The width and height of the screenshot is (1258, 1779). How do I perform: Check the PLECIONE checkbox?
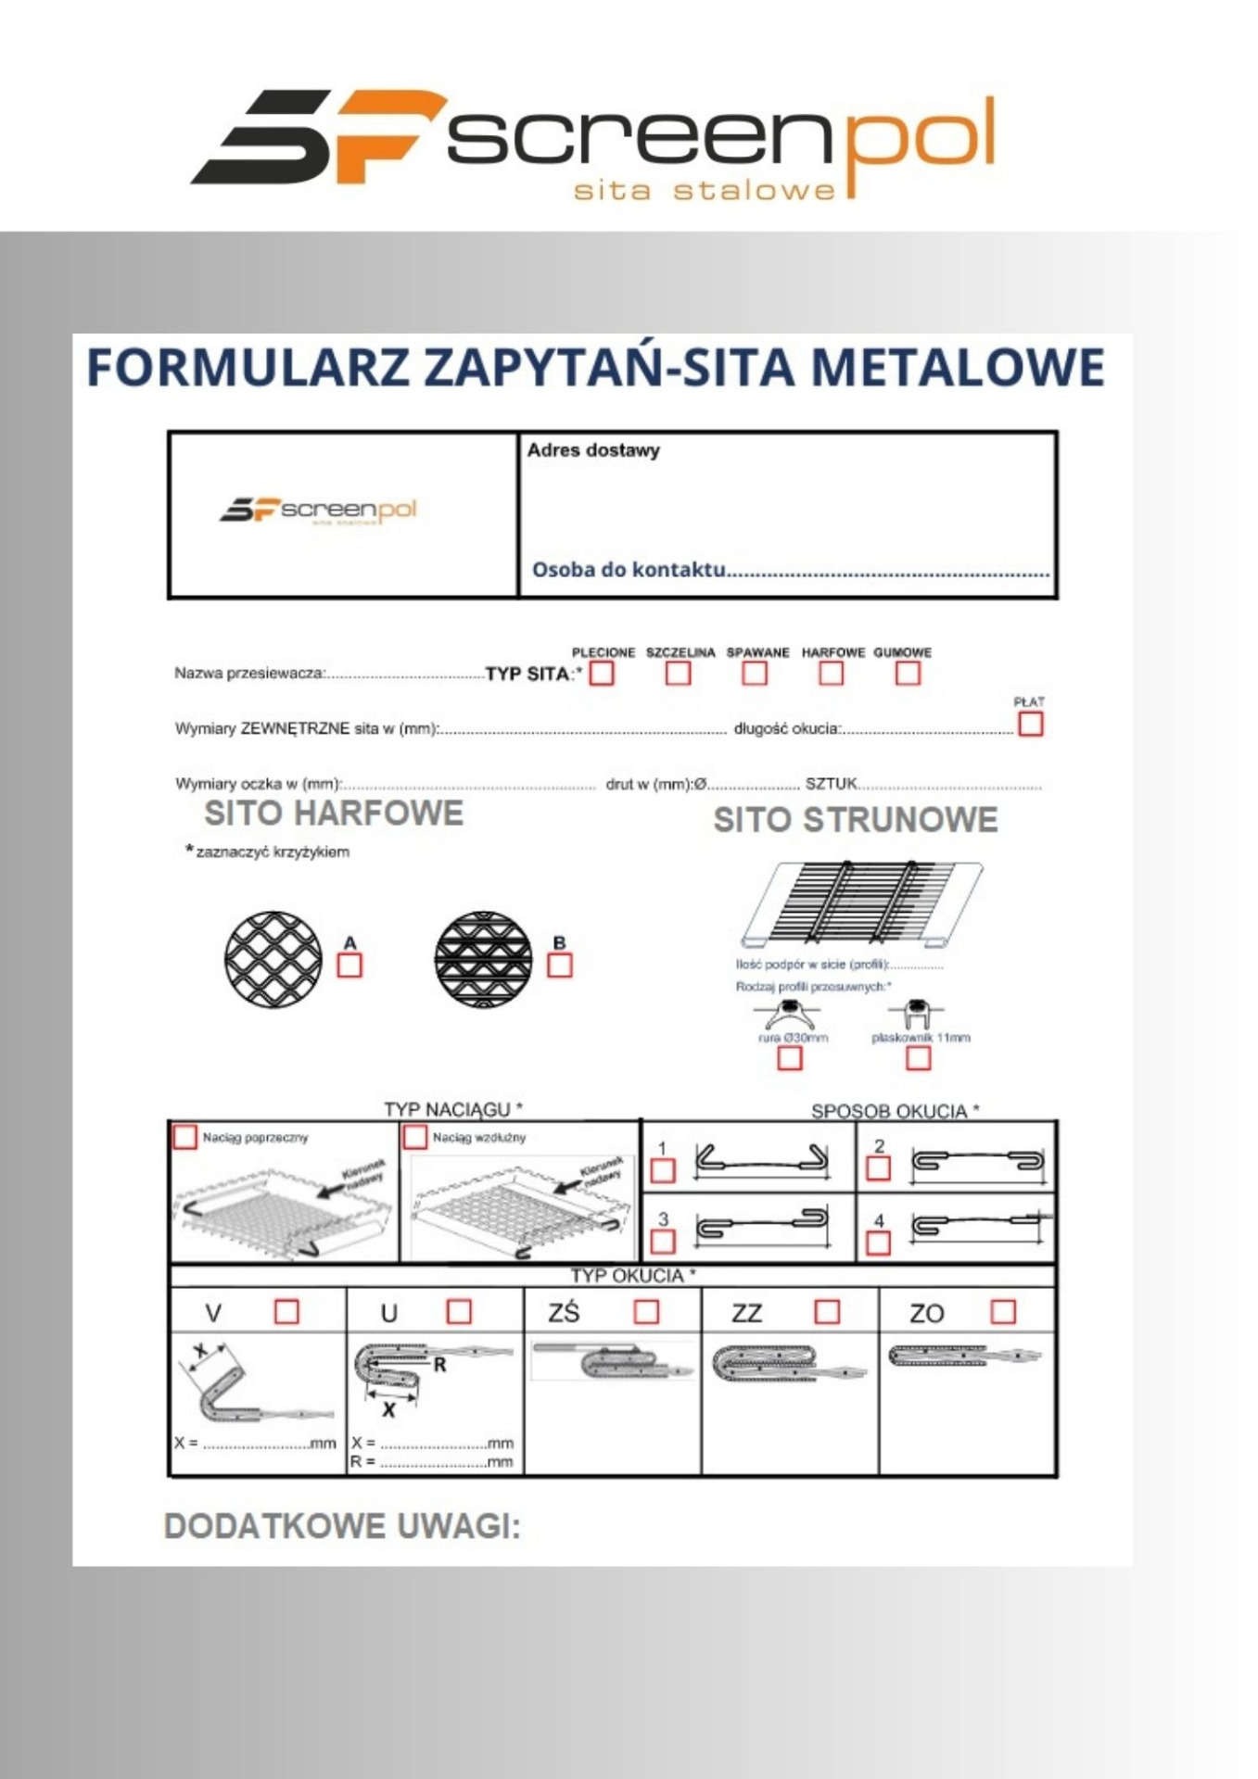coord(602,674)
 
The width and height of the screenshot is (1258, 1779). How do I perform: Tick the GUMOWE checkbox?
coord(908,674)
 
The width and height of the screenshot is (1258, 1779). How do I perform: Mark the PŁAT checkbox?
coord(1030,724)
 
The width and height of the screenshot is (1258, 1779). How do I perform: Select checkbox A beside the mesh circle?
coord(349,965)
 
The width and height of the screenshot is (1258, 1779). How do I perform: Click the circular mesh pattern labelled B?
coord(483,959)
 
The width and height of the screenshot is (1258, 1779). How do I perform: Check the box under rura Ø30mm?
coord(789,1058)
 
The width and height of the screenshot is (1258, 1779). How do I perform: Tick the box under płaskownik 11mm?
coord(918,1058)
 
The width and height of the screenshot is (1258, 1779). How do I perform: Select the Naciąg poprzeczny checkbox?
coord(185,1137)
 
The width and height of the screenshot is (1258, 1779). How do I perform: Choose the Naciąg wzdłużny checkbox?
coord(415,1137)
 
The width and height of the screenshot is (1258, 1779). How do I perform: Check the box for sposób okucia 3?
coord(663,1241)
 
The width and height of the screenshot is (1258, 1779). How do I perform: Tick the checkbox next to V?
coord(286,1311)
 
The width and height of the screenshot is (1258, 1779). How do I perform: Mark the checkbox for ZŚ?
coord(646,1311)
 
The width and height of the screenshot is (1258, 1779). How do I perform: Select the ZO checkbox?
coord(1003,1311)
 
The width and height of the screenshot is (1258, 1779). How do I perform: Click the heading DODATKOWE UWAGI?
coord(342,1526)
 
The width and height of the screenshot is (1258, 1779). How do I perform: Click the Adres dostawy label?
coord(593,450)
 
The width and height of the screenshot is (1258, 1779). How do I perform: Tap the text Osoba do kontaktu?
coord(629,569)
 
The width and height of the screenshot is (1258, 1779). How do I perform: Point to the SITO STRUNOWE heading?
coord(855,820)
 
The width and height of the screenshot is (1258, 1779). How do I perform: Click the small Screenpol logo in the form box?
coord(318,510)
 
